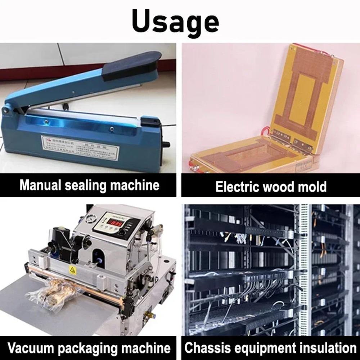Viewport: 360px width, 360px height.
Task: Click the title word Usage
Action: [x=175, y=21]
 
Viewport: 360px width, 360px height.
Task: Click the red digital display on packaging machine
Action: [x=116, y=223]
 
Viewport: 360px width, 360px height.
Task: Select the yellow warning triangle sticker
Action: [x=73, y=271]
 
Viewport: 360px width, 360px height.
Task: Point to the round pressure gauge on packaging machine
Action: [x=89, y=218]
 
